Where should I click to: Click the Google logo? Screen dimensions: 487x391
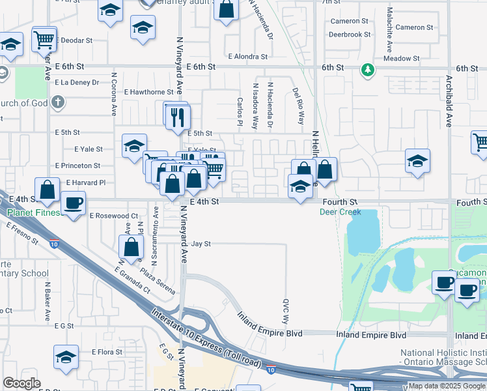pos(22,383)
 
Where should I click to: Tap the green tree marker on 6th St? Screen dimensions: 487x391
pos(368,68)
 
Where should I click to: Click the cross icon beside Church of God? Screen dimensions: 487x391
pos(59,102)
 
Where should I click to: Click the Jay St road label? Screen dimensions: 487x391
pos(202,244)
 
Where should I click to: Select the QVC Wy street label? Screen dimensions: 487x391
pos(285,311)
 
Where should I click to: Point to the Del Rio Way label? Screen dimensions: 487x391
pos(299,106)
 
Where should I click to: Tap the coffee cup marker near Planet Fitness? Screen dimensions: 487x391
pos(74,202)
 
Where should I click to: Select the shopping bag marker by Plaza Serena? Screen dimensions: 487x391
pos(131,247)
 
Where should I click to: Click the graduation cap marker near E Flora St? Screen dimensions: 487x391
pos(66,357)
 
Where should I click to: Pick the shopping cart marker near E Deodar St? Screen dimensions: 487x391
pos(45,40)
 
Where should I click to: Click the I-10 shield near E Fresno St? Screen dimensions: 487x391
pos(53,244)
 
